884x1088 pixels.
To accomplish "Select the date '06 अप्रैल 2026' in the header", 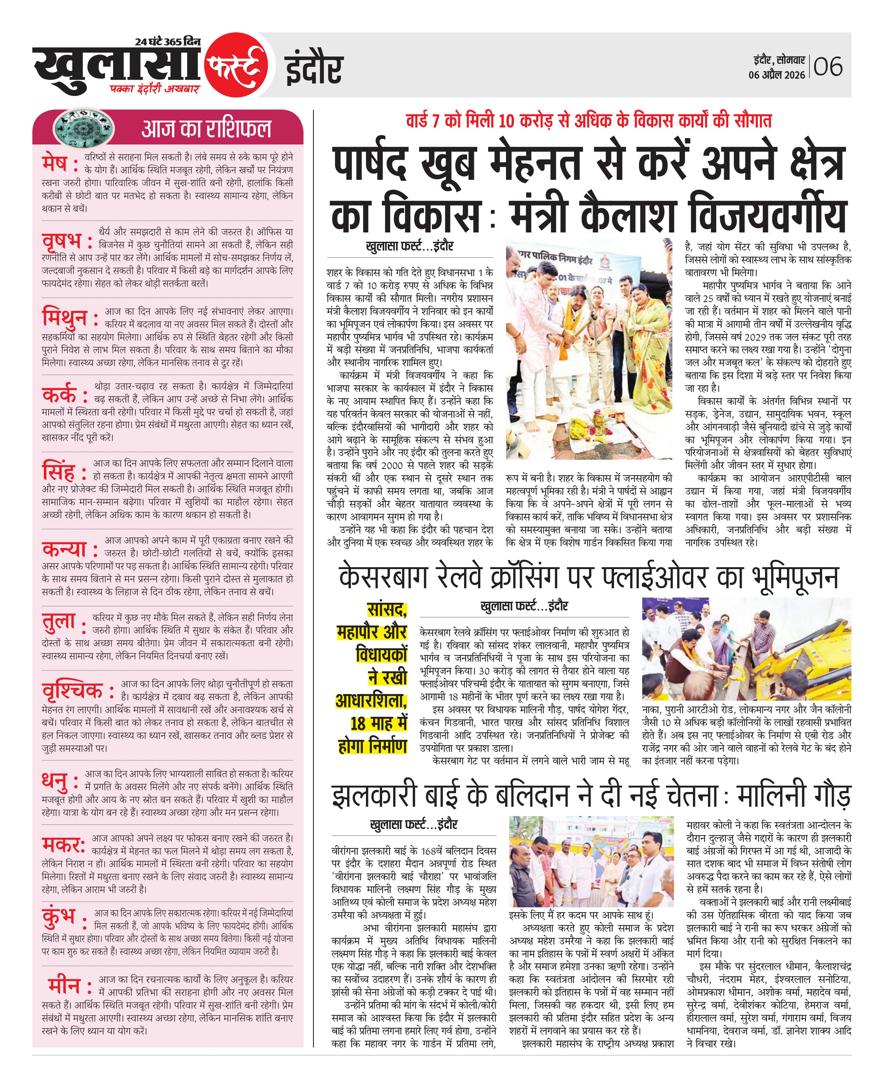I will pos(777,75).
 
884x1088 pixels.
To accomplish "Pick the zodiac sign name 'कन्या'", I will pos(64,548).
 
